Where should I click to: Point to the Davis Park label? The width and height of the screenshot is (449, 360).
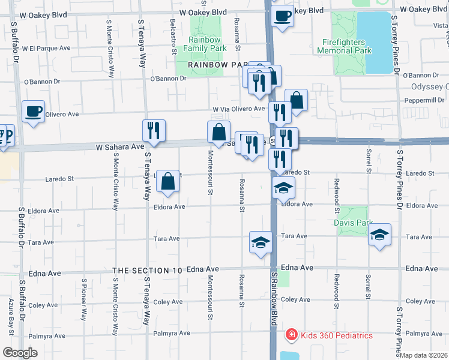[349, 223]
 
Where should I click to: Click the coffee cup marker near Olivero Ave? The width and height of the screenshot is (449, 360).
[33, 112]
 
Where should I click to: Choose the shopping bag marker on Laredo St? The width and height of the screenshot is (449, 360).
[168, 181]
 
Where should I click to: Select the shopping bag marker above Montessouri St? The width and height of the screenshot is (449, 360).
[218, 132]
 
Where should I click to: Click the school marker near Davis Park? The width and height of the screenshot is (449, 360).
[379, 234]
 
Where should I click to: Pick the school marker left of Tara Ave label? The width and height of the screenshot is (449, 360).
[261, 242]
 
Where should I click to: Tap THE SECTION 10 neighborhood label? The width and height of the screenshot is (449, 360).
[147, 271]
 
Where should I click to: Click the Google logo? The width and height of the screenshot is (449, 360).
[20, 352]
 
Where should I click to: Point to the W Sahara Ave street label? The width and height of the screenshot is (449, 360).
[120, 146]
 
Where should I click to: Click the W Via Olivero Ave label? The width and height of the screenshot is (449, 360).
[238, 109]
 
